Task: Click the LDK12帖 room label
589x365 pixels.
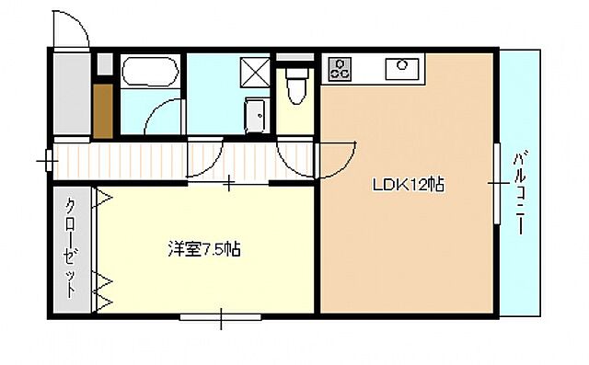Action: pyautogui.click(x=409, y=184)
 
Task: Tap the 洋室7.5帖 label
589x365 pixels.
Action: pyautogui.click(x=204, y=248)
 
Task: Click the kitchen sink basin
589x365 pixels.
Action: pyautogui.click(x=402, y=65)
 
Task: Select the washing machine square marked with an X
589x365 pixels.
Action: pyautogui.click(x=254, y=70)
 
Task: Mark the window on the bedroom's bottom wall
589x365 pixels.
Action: pyautogui.click(x=222, y=319)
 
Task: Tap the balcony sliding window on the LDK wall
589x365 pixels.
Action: pyautogui.click(x=498, y=184)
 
